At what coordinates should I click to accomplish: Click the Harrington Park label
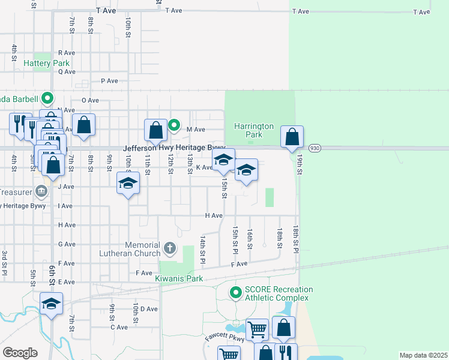(x=254, y=130)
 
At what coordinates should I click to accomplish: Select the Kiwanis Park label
(x=178, y=279)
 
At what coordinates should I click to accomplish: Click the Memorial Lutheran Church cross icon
(x=170, y=247)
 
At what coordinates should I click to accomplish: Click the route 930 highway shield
(x=314, y=148)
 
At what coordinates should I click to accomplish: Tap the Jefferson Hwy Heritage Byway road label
(x=174, y=148)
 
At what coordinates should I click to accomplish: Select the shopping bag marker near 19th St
(x=292, y=137)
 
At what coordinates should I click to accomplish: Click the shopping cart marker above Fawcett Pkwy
(x=257, y=329)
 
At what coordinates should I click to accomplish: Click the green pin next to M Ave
(x=174, y=125)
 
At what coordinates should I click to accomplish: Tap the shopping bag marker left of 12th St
(x=155, y=130)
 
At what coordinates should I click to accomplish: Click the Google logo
(x=20, y=353)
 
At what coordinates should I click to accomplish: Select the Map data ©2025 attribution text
(x=423, y=355)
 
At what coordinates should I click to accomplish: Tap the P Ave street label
(x=110, y=81)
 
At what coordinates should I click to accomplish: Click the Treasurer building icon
(x=41, y=191)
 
